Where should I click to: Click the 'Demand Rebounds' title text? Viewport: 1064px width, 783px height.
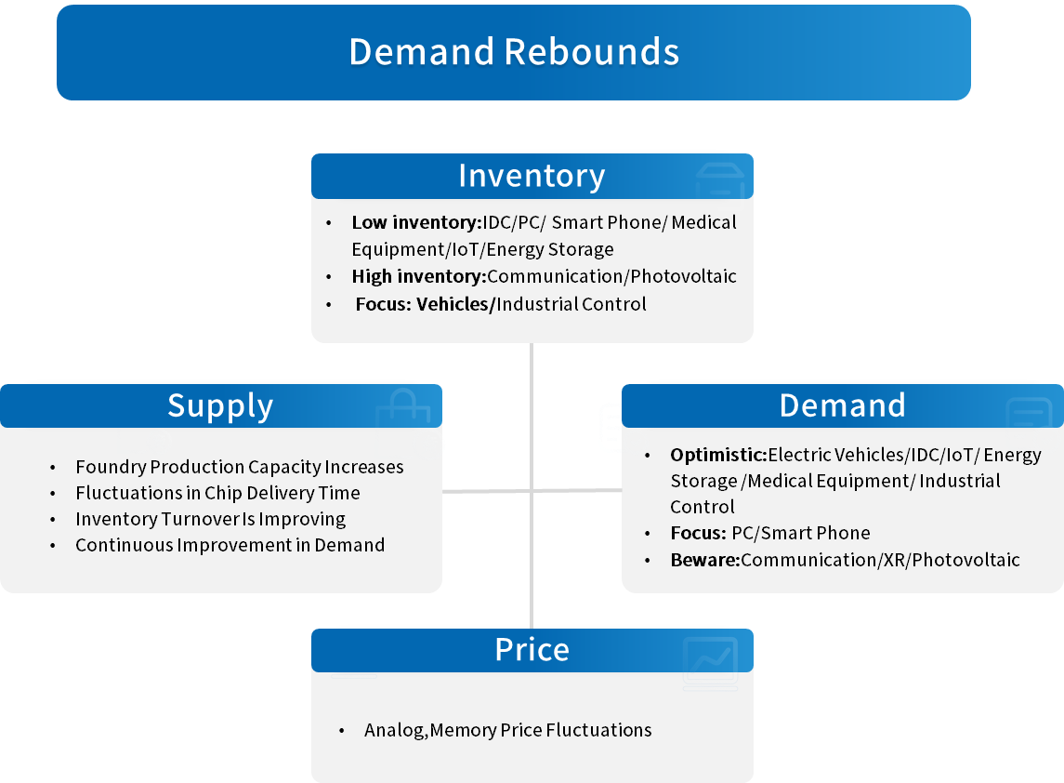(514, 52)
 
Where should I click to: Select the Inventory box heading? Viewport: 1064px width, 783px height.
(532, 176)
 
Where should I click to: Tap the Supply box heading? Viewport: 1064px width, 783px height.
(220, 406)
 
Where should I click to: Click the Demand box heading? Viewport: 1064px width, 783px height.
(842, 405)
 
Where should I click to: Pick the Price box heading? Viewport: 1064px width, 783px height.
(532, 650)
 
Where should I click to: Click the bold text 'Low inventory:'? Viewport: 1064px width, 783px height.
(416, 223)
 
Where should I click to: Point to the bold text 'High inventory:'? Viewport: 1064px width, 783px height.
(419, 276)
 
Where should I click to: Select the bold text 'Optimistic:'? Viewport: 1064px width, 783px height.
(718, 455)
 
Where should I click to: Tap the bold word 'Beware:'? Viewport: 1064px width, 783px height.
(705, 560)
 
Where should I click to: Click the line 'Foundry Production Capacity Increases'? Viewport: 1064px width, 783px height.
(240, 467)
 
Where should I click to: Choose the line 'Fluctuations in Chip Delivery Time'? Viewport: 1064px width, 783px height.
(217, 493)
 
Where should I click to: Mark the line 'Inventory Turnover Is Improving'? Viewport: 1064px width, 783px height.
(210, 520)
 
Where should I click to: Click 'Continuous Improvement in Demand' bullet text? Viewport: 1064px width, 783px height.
(230, 545)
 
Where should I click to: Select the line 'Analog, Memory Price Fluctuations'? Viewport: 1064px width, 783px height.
(507, 730)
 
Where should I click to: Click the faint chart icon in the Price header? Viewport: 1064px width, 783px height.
(711, 663)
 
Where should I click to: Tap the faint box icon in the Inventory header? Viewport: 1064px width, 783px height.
(720, 180)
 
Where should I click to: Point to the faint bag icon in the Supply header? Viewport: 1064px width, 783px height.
(403, 407)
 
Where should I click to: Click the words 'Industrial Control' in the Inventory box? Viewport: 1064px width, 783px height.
(571, 304)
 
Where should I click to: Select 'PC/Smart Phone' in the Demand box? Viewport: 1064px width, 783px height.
(801, 533)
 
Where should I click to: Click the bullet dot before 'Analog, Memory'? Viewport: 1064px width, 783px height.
(341, 731)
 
